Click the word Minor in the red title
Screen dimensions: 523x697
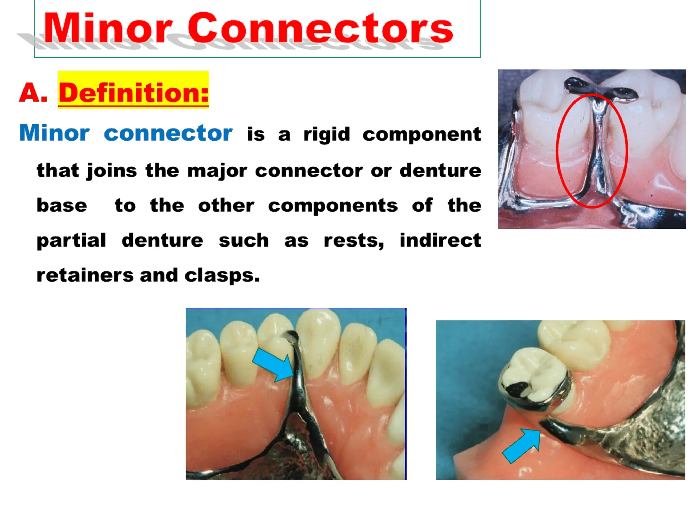coord(108,28)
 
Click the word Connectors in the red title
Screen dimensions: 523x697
coord(320,29)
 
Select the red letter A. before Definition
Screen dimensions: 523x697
coord(33,93)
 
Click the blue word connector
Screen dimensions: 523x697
coord(168,133)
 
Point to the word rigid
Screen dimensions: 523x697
coord(326,134)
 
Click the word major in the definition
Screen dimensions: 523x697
coord(217,170)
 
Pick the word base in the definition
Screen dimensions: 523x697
coord(62,205)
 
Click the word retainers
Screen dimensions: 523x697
coord(85,275)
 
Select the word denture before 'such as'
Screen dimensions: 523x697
coord(162,240)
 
